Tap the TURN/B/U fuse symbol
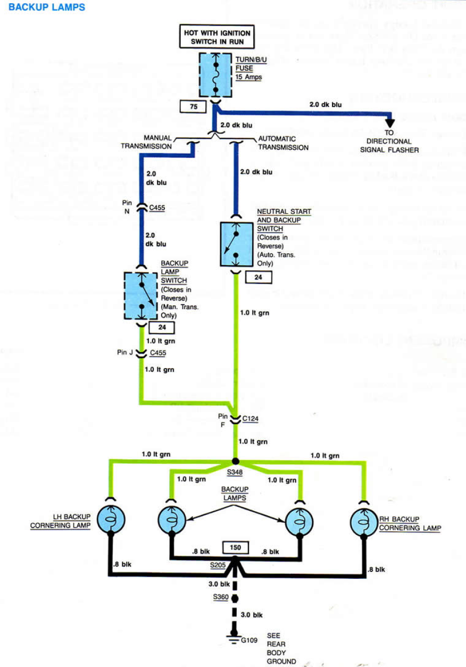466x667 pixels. point(216,74)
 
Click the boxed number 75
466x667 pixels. point(194,107)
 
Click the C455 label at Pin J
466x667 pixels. point(157,353)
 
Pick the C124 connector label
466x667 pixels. point(250,419)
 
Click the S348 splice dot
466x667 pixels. point(235,461)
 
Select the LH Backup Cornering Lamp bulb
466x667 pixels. point(111,520)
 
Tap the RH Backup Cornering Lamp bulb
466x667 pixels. point(363,520)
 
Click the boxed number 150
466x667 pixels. point(234,547)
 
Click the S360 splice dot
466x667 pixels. point(234,597)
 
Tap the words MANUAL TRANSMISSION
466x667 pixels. point(146,142)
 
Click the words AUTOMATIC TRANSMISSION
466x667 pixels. point(283,143)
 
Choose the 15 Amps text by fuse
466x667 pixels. point(248,78)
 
